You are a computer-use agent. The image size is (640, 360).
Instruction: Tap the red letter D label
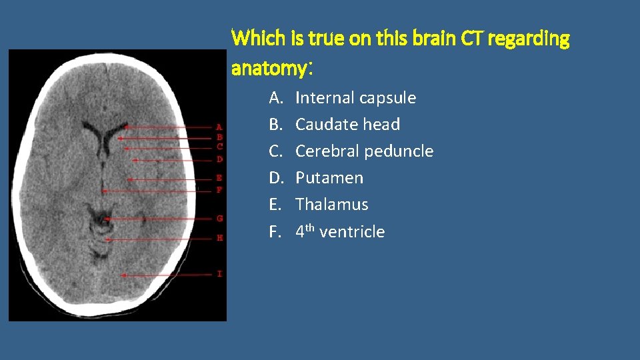click(220, 159)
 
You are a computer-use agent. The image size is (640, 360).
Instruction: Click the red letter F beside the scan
click(220, 189)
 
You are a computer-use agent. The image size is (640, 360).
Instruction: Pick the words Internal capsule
click(355, 98)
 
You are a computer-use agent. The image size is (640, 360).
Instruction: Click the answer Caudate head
click(347, 125)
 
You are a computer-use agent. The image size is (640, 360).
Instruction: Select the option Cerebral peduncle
click(364, 151)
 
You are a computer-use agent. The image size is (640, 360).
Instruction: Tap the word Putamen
click(329, 178)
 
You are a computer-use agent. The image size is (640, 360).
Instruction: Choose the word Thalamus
click(331, 205)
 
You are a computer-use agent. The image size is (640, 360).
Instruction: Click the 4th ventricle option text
click(340, 231)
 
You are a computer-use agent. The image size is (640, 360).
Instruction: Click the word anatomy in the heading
click(269, 68)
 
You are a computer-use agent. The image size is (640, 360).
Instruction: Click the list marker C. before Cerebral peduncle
click(276, 151)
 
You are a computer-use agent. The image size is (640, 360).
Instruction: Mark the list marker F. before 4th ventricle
click(275, 231)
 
